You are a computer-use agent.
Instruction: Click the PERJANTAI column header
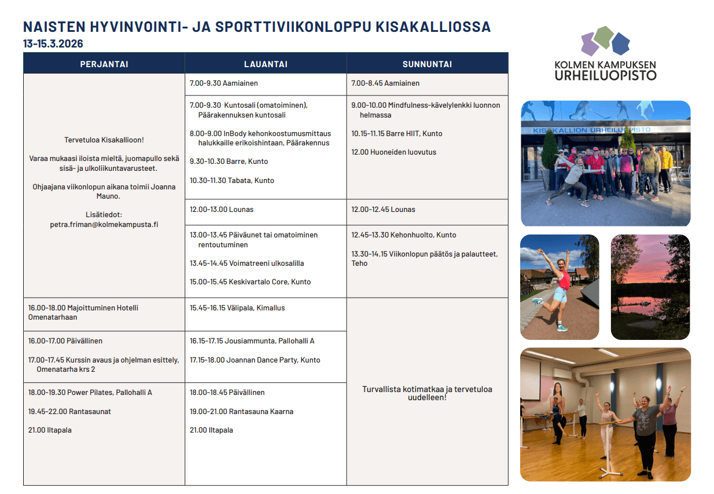click(x=104, y=64)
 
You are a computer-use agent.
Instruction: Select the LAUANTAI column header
click(x=266, y=64)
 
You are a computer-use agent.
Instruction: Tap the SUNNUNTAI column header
click(x=427, y=64)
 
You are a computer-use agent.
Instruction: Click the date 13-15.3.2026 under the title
click(x=53, y=44)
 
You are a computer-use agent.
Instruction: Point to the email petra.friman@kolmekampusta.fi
click(x=104, y=224)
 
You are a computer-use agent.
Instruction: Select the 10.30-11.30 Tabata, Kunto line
click(x=232, y=180)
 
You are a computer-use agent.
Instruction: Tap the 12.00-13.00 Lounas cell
click(x=222, y=209)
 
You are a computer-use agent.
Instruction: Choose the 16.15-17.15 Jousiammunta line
click(x=252, y=341)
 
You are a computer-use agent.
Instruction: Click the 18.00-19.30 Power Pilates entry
click(x=90, y=392)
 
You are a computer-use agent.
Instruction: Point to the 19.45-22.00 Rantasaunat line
click(x=69, y=411)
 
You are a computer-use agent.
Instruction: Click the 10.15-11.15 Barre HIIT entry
click(x=396, y=133)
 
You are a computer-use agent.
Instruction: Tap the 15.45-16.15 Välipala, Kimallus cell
click(x=237, y=308)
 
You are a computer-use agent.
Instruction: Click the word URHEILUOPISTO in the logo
click(x=605, y=75)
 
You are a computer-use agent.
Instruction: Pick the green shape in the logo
click(x=603, y=36)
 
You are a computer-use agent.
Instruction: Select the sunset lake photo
click(x=650, y=287)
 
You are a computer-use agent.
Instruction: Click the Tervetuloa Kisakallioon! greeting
click(x=104, y=140)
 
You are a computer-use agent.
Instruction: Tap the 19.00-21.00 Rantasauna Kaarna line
click(x=241, y=411)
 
